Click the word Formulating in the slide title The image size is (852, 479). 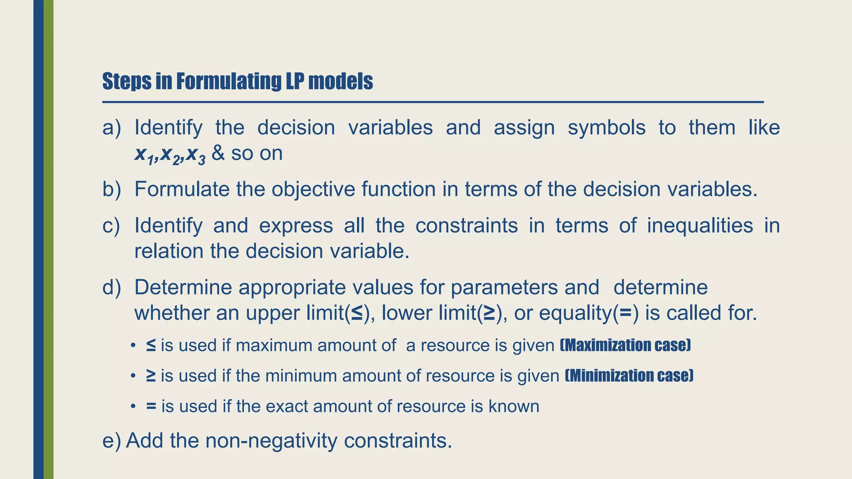[228, 81]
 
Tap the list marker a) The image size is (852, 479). [111, 128]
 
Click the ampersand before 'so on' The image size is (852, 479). [218, 153]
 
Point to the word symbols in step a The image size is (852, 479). [607, 128]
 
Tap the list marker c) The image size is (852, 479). [111, 226]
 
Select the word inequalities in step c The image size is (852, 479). [700, 226]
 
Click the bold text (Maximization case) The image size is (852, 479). [625, 346]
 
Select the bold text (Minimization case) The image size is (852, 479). [629, 376]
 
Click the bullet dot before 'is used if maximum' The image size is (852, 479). [133, 346]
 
